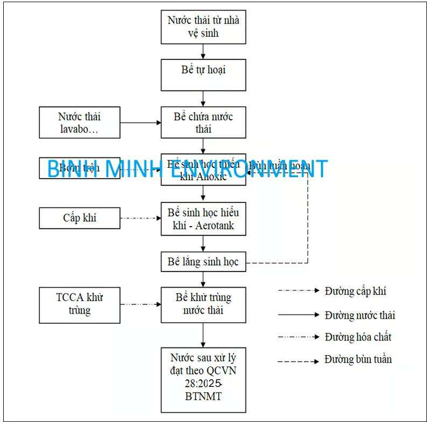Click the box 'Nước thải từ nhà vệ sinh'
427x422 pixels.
(x=203, y=27)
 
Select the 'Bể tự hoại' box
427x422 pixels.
(x=203, y=74)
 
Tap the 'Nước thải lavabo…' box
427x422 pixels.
(x=80, y=122)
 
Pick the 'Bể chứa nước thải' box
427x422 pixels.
(x=203, y=122)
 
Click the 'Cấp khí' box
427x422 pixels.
(x=80, y=218)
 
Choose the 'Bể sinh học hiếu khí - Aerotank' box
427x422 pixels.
(x=203, y=219)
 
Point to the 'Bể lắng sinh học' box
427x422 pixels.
(x=203, y=263)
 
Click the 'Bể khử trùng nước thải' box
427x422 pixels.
(x=203, y=304)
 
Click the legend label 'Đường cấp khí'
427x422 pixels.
(x=355, y=291)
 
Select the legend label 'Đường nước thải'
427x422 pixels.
(x=360, y=315)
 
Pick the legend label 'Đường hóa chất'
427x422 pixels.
(x=358, y=337)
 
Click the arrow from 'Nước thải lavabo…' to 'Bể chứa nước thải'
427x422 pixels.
(x=140, y=122)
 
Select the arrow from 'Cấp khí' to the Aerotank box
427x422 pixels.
(x=140, y=218)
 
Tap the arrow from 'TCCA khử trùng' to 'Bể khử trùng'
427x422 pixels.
(x=140, y=304)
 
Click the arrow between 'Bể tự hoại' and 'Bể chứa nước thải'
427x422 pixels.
(x=203, y=98)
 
